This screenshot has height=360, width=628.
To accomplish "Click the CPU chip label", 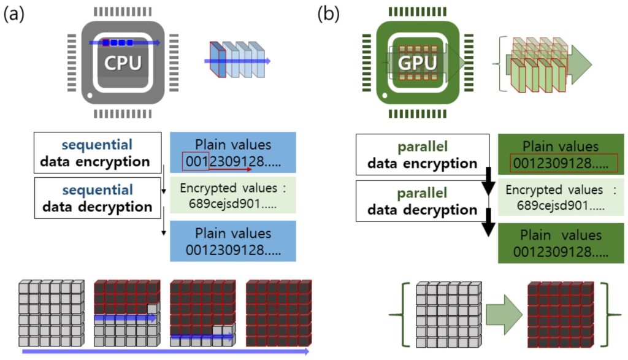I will click(123, 63).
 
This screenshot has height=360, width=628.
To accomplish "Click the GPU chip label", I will click(419, 63).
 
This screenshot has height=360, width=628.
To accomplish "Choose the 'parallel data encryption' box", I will click(422, 156).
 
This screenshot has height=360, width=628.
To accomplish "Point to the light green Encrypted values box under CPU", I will click(232, 194).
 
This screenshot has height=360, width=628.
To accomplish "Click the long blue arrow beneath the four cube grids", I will click(166, 351).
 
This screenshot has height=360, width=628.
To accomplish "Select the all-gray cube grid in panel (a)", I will click(52, 313).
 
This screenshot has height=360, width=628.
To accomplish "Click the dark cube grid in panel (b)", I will click(561, 314).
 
